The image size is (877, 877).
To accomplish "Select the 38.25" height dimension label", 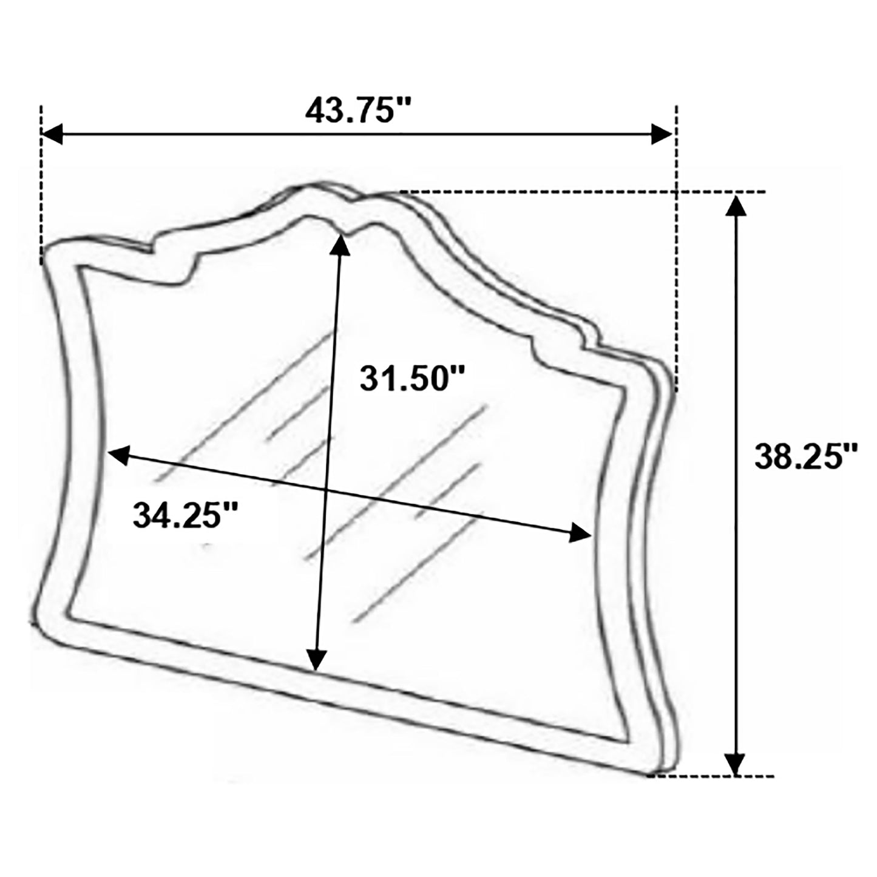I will click(x=805, y=456).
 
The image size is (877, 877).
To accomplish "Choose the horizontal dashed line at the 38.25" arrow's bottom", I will click(x=710, y=775).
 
